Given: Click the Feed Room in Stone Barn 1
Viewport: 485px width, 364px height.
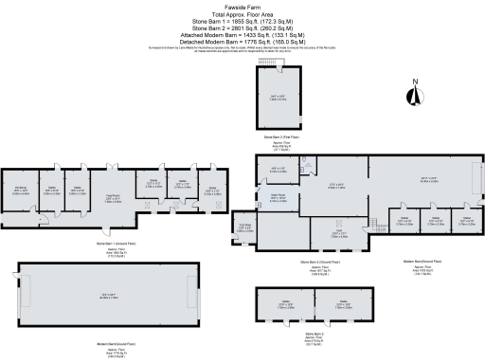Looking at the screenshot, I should click(x=112, y=198).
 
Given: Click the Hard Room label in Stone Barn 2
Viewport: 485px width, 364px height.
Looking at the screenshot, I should click(x=281, y=201).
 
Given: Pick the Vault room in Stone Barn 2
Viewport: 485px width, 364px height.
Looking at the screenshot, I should click(x=338, y=231).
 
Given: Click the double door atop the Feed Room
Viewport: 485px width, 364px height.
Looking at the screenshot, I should click(x=113, y=169).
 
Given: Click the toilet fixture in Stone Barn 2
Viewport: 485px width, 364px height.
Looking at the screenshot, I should click(x=308, y=162).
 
